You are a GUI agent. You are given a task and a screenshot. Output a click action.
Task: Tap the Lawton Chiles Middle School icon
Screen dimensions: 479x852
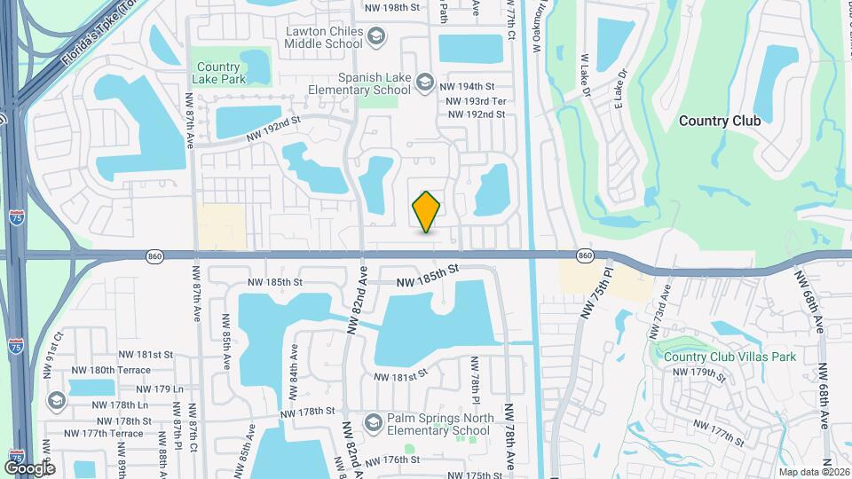(375, 36)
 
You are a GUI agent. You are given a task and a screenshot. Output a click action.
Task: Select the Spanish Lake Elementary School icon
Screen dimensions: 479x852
(425, 82)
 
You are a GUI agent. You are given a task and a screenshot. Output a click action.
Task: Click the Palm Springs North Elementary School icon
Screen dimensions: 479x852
(373, 420)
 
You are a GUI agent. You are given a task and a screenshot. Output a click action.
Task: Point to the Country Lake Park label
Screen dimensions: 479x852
(217, 72)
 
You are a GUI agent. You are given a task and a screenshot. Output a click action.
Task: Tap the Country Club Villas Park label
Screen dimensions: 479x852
(730, 357)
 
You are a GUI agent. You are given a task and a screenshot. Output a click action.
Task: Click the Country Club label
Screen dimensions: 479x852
(716, 122)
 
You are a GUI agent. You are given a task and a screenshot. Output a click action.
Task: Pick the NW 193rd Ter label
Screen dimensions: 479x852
(477, 101)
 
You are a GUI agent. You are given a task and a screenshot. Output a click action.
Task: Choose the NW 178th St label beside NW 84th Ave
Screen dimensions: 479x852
(307, 412)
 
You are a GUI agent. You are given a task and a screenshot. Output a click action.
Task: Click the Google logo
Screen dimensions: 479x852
(30, 467)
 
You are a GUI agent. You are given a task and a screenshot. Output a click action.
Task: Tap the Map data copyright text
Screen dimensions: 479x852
(812, 471)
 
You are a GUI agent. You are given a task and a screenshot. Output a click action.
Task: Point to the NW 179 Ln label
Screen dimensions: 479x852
(160, 389)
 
